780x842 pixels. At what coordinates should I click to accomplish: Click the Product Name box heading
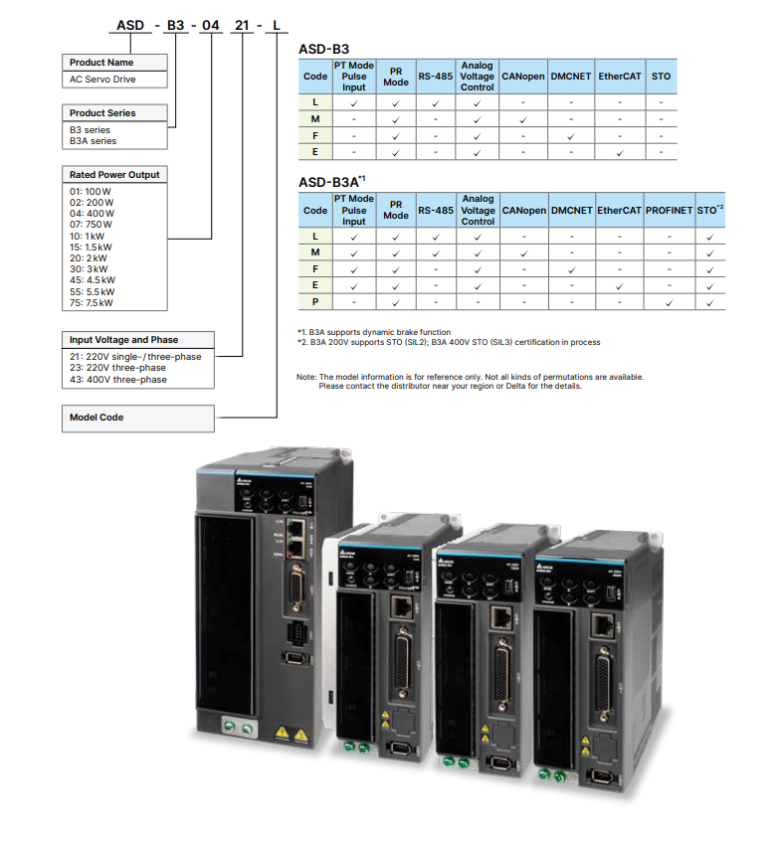[x=101, y=63]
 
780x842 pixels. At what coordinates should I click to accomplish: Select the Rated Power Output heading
[x=114, y=174]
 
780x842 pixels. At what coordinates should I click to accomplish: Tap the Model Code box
[x=97, y=418]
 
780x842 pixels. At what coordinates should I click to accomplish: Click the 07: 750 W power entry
[x=91, y=225]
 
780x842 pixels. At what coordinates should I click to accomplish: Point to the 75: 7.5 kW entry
[x=93, y=303]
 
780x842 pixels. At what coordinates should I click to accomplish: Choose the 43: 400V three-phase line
[x=117, y=380]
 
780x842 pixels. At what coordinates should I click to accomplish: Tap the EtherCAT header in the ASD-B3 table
[x=619, y=76]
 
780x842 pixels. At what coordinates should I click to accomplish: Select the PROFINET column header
[x=669, y=211]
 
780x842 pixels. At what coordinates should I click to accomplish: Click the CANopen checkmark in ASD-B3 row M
[x=523, y=119]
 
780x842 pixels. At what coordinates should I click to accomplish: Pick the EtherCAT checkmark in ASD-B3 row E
[x=619, y=151]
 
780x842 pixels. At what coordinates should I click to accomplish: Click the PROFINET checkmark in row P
[x=669, y=301]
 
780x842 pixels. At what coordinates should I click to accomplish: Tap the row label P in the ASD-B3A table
[x=315, y=301]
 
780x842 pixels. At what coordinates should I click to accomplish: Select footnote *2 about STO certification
[x=448, y=342]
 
